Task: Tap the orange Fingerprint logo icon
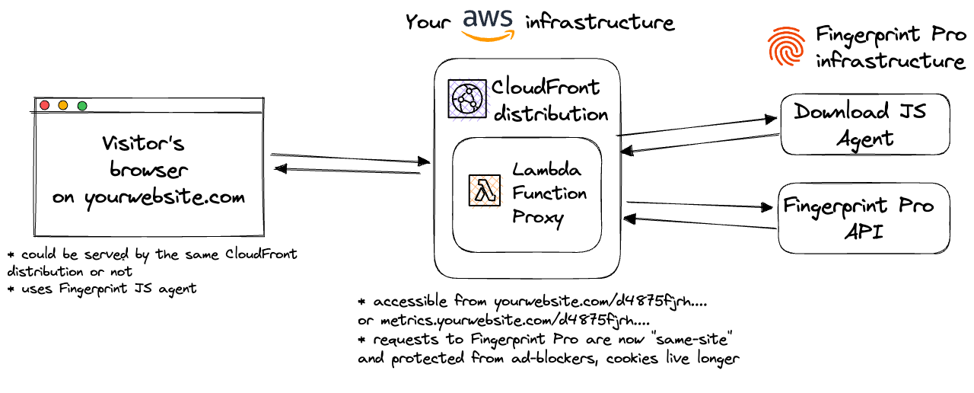click(x=786, y=45)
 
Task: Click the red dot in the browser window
click(x=45, y=105)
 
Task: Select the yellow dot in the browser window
click(x=63, y=105)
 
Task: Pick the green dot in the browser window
click(x=82, y=105)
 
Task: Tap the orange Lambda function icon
click(x=484, y=192)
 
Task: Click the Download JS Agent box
click(x=864, y=125)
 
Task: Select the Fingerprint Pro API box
click(x=863, y=219)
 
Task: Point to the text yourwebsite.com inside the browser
click(x=165, y=197)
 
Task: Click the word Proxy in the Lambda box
click(x=537, y=218)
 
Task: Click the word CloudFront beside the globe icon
click(x=546, y=88)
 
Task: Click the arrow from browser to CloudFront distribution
click(x=350, y=158)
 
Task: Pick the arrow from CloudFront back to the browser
click(x=346, y=171)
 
